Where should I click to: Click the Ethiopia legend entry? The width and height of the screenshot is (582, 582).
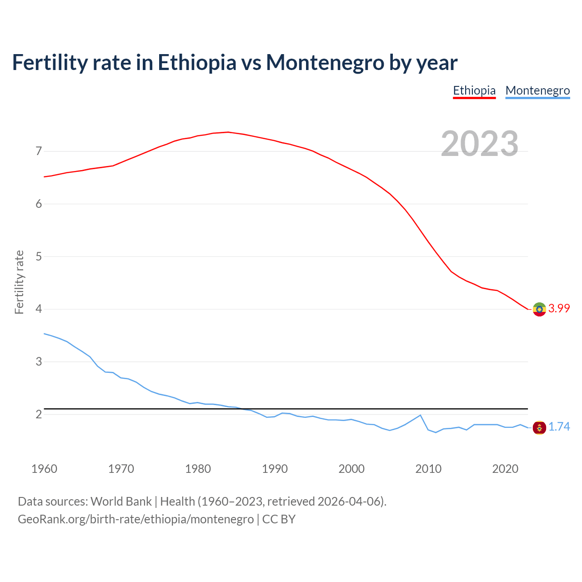click(x=474, y=90)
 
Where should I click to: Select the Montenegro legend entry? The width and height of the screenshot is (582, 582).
click(x=537, y=90)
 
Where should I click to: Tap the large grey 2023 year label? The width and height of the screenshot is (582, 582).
click(x=480, y=144)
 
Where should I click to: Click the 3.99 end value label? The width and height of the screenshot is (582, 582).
click(x=559, y=308)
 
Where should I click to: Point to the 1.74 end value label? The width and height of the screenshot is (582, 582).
click(x=559, y=426)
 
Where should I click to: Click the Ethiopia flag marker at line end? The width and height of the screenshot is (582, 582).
click(x=539, y=309)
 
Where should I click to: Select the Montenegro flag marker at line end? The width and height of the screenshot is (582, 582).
click(x=539, y=427)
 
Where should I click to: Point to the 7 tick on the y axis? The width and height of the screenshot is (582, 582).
click(x=39, y=151)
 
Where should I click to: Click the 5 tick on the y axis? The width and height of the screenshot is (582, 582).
click(x=39, y=256)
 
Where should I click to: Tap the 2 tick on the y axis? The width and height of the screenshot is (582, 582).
click(x=39, y=414)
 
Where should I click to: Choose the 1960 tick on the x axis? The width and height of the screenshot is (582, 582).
click(x=44, y=469)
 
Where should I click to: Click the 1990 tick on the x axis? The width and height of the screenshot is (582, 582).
click(x=275, y=469)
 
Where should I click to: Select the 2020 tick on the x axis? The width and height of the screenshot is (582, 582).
click(x=505, y=469)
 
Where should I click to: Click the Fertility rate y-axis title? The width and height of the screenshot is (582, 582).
click(x=19, y=282)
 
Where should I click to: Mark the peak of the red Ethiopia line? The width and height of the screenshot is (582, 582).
click(x=228, y=132)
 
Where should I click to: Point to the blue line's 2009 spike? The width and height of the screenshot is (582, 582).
click(x=420, y=415)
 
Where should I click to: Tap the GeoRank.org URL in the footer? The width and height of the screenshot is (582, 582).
click(x=135, y=519)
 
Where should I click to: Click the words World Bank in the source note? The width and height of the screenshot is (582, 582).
click(x=121, y=501)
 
